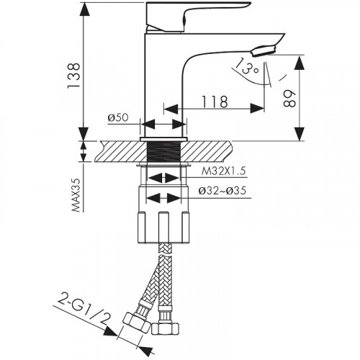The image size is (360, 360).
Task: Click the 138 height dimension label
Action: (73, 76)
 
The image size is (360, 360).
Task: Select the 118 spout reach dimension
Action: (215, 102)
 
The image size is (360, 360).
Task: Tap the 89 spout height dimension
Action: (290, 98)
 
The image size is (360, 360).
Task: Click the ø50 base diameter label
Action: (118, 118)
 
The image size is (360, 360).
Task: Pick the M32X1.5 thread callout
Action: (224, 171)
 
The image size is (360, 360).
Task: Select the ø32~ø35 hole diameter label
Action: (222, 191)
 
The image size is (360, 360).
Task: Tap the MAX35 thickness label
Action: (76, 195)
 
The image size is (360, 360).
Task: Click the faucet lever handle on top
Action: (192, 16)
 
